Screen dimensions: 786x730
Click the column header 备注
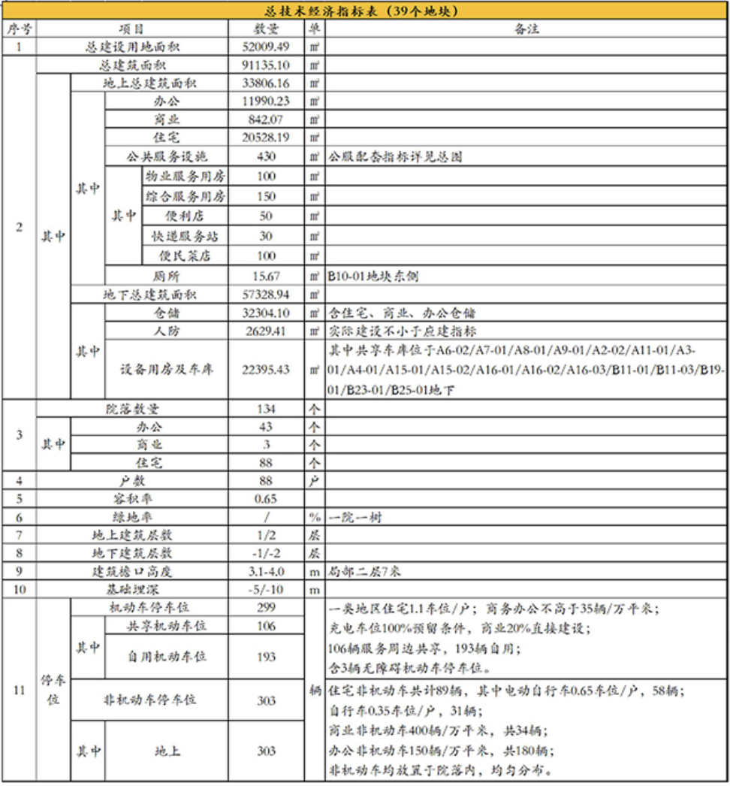coord(526,29)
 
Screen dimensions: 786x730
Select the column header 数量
coord(266,29)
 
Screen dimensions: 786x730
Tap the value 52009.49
coord(266,47)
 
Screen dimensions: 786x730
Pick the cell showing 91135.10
coord(266,65)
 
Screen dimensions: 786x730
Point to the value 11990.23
coord(266,101)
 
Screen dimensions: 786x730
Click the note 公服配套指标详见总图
coord(394,158)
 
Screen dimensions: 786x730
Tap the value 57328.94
coord(266,295)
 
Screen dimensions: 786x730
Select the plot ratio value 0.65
coord(266,498)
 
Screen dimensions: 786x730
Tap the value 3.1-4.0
coord(266,572)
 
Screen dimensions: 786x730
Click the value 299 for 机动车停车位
coord(266,607)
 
